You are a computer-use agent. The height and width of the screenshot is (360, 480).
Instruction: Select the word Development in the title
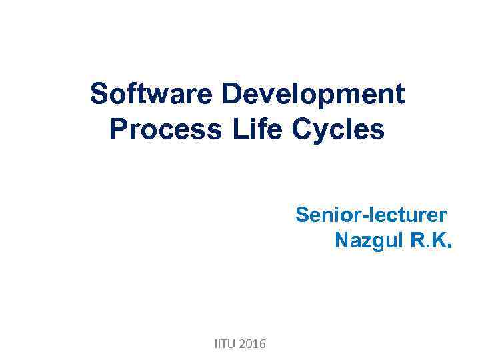click(313, 95)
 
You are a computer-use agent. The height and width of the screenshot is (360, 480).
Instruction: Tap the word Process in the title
click(165, 129)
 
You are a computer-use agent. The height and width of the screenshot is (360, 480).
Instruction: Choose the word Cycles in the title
click(338, 129)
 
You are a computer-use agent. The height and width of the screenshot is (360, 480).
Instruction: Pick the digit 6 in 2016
click(262, 344)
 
